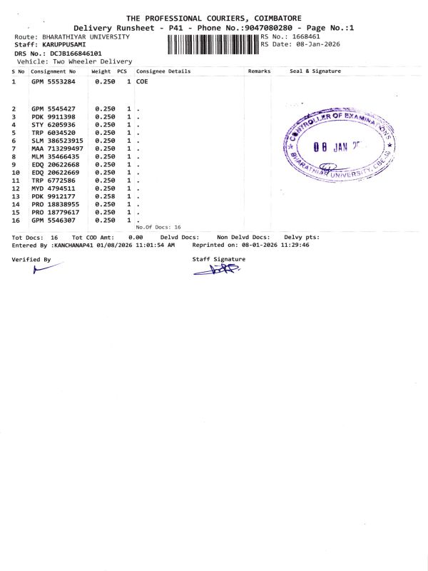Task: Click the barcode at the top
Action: point(213,44)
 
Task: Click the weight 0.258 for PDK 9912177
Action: point(104,196)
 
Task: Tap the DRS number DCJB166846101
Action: point(76,54)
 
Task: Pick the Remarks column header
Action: point(259,71)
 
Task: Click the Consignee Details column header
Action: point(163,71)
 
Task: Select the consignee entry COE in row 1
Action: point(142,82)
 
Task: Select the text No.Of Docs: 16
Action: point(158,227)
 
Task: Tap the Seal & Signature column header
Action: point(315,71)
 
